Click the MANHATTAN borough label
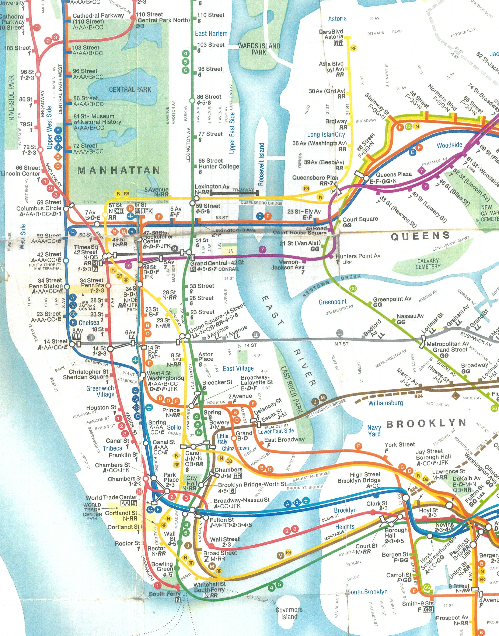coord(119,170)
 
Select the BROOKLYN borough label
coord(426,423)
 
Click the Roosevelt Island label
coord(261,164)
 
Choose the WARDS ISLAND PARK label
coord(259,49)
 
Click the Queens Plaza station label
coord(393,174)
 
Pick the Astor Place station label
coord(205,356)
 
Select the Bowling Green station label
coord(162,566)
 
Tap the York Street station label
coord(399,445)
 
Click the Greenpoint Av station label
coord(392,299)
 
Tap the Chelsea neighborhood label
coord(89,323)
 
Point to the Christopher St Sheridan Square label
coord(85,374)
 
